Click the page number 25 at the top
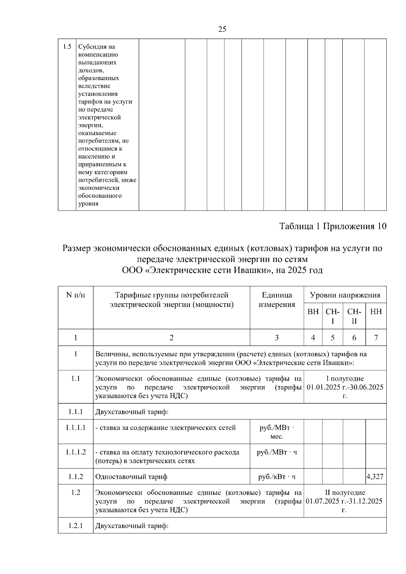point(222,29)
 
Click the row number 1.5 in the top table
point(67,47)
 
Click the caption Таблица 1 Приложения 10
point(333,226)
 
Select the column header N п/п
point(75,295)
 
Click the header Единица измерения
point(277,300)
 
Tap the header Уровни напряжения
point(345,295)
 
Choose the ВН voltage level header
point(313,312)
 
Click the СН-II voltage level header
point(354,316)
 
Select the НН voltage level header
point(376,312)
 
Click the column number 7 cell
point(376,337)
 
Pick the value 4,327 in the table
point(375,477)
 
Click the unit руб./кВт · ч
point(277,477)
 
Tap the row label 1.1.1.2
point(75,452)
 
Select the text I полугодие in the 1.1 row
point(345,379)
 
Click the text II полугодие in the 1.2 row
point(345,493)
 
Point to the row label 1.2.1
point(75,526)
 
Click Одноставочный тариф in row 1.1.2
point(131,477)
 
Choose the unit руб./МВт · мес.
point(277,432)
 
